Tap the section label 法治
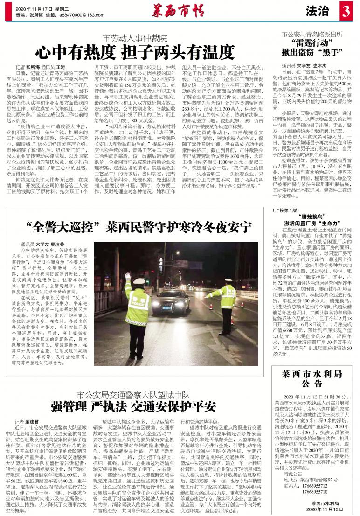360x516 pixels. point(318,12)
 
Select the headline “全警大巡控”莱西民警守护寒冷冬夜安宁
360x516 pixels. point(139,228)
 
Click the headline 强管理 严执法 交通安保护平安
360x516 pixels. point(134,404)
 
